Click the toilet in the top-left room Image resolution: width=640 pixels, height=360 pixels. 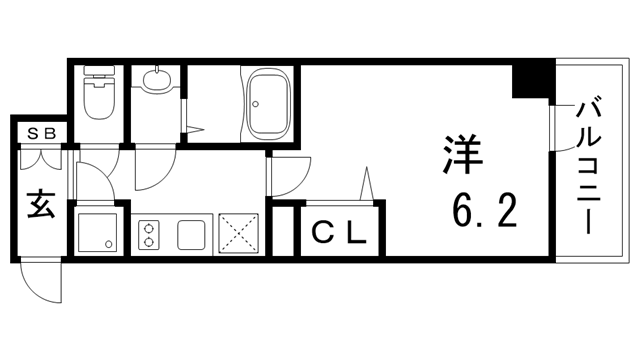(98, 99)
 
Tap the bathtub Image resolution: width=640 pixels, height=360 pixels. (268, 102)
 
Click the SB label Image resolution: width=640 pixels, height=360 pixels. (40, 132)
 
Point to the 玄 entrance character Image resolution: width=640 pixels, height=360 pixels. (38, 206)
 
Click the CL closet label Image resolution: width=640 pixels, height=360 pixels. (340, 235)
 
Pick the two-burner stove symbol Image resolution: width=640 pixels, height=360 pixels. (149, 234)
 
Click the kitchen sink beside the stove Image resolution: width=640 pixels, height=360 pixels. (191, 234)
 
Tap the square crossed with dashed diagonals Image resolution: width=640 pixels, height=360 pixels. (239, 234)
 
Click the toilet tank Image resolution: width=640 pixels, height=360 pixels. (98, 73)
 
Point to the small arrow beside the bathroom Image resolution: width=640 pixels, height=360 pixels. (196, 128)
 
